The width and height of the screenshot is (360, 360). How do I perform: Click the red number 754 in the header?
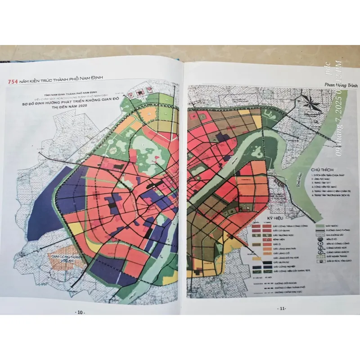click(10, 82)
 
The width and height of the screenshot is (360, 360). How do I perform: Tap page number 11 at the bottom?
click(282, 308)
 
